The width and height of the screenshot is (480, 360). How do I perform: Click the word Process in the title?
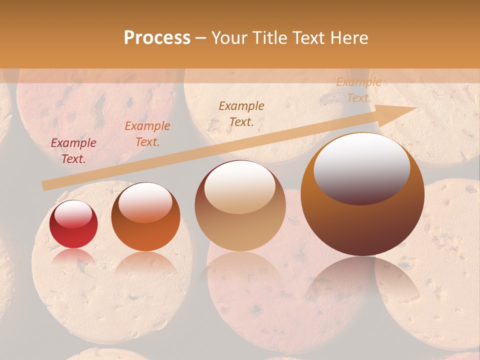click(x=157, y=38)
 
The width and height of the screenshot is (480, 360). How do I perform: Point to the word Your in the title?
click(x=230, y=38)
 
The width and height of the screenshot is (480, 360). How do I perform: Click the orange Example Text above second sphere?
click(x=147, y=134)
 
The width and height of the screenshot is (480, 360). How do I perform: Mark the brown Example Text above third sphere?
click(x=241, y=114)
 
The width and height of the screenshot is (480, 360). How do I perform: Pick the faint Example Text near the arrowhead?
click(x=359, y=90)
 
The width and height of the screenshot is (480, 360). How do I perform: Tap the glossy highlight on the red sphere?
click(x=73, y=213)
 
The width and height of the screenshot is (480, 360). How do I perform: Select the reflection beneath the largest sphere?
click(x=362, y=280)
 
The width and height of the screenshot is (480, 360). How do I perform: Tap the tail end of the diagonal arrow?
click(x=45, y=186)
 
